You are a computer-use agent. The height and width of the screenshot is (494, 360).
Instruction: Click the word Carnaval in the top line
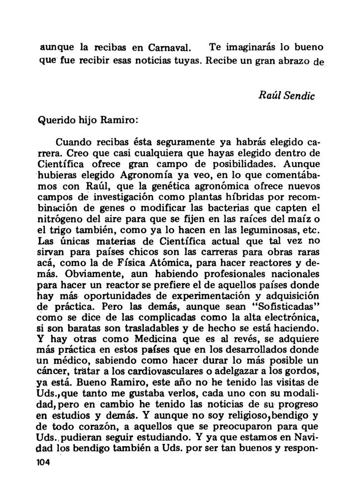pyautogui.click(x=169, y=49)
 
